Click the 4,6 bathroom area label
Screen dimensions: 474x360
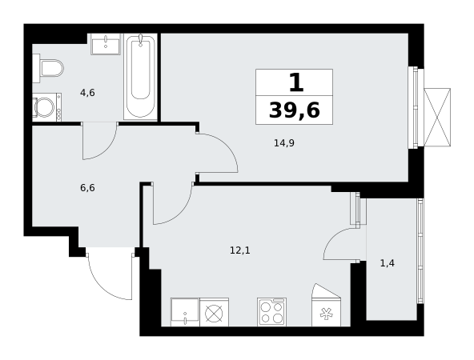point(87,93)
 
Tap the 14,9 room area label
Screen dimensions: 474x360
point(284,143)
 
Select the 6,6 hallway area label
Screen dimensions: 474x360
point(87,188)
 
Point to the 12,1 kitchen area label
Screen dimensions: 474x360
point(240,250)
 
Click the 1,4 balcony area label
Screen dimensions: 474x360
point(388,263)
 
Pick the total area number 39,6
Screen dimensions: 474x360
point(295,110)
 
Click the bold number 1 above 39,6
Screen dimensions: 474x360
point(296,83)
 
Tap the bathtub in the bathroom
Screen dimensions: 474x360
point(140,77)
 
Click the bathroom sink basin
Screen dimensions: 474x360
point(106,44)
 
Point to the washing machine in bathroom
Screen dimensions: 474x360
point(47,107)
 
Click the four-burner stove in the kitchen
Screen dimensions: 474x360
point(271,312)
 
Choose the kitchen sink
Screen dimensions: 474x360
point(185,312)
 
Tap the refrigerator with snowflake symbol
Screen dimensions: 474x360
point(326,312)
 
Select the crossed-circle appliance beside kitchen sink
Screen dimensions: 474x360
point(214,312)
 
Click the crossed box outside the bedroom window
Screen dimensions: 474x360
point(437,117)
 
